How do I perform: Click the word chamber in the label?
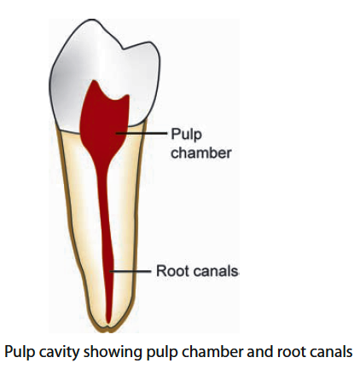(201, 153)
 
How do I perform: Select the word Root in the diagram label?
(171, 272)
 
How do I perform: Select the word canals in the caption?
(324, 351)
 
